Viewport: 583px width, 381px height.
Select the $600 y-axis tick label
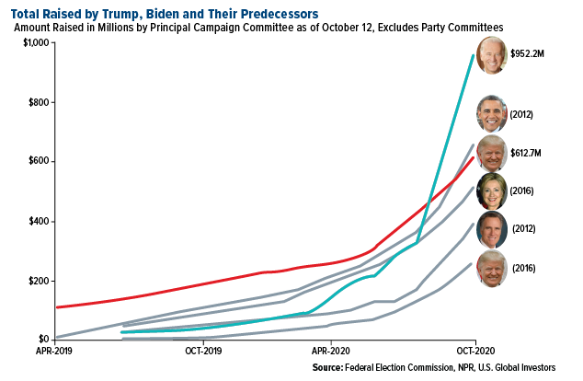pyautogui.click(x=40, y=162)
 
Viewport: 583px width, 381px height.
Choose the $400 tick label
pyautogui.click(x=40, y=222)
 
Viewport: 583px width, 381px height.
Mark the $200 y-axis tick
pyautogui.click(x=40, y=281)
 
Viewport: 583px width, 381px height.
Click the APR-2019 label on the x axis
pyautogui.click(x=54, y=352)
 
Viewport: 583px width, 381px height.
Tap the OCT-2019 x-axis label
pyautogui.click(x=200, y=352)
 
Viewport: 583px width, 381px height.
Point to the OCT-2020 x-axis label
pyautogui.click(x=475, y=352)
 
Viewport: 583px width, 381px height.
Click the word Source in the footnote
pyautogui.click(x=329, y=368)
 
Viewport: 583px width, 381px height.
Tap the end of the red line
pyautogui.click(x=474, y=157)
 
